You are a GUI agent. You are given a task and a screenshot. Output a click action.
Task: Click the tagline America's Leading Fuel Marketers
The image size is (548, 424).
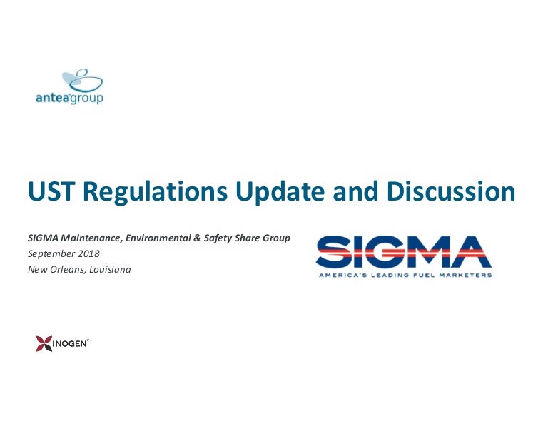(404, 275)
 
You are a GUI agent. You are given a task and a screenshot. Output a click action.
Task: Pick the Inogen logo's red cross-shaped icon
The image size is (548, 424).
(44, 344)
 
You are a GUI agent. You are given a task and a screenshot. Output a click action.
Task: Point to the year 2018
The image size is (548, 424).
(88, 254)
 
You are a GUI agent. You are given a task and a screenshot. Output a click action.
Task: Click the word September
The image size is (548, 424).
(51, 254)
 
